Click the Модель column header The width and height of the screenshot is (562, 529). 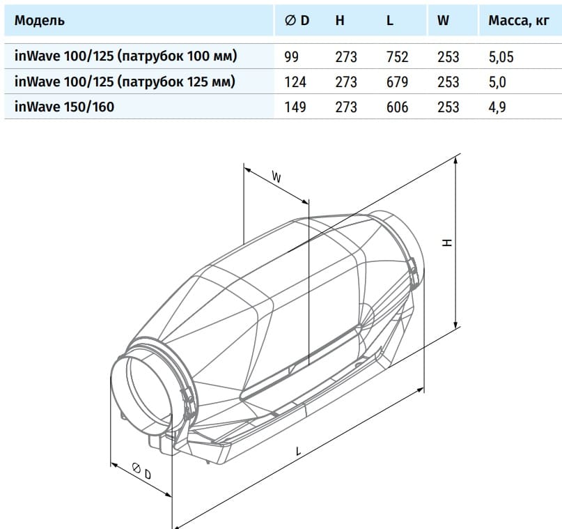pyautogui.click(x=40, y=20)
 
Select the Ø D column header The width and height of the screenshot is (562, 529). pyautogui.click(x=297, y=20)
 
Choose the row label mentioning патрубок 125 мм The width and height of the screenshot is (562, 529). pyautogui.click(x=125, y=82)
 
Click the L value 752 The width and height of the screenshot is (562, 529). pyautogui.click(x=397, y=57)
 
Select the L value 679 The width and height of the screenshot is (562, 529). pyautogui.click(x=397, y=82)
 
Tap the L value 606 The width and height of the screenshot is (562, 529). pyautogui.click(x=397, y=107)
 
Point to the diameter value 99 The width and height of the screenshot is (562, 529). pyautogui.click(x=292, y=57)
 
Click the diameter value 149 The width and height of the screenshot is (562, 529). pyautogui.click(x=295, y=107)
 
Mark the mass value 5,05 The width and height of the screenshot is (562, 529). pyautogui.click(x=501, y=57)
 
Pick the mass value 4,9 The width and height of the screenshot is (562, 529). pyautogui.click(x=497, y=107)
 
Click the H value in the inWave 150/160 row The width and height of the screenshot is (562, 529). pyautogui.click(x=345, y=107)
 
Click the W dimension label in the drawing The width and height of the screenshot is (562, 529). pyautogui.click(x=276, y=178)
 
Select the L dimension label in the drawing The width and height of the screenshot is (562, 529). pyautogui.click(x=298, y=451)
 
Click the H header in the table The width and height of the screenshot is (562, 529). pyautogui.click(x=340, y=20)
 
